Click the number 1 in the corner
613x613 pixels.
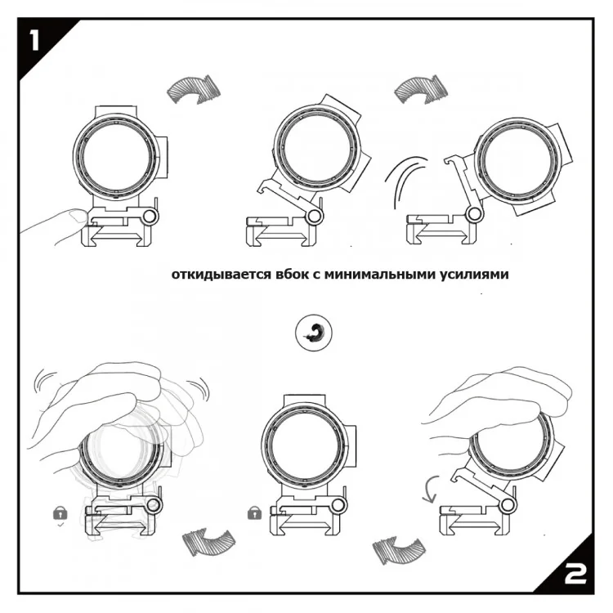[x=35, y=41]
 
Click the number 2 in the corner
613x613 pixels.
[x=575, y=574]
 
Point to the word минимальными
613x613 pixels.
[x=381, y=275]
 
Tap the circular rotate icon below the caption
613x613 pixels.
[x=314, y=333]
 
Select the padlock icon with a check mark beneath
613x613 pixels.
[x=60, y=513]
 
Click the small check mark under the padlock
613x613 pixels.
[x=60, y=525]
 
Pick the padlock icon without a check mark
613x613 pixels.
[x=254, y=512]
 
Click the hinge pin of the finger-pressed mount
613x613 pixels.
[x=150, y=217]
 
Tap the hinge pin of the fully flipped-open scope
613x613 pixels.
[x=475, y=214]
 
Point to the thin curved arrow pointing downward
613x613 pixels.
[x=430, y=489]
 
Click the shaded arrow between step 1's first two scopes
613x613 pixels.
[x=194, y=90]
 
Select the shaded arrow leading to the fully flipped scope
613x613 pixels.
[x=421, y=90]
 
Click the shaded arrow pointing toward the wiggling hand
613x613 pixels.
[x=208, y=542]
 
